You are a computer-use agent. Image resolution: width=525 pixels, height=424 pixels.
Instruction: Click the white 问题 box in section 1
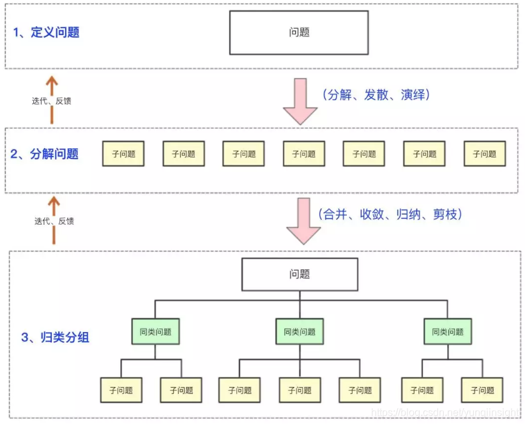point(299,32)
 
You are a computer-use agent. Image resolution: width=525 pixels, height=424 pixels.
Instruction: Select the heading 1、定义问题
point(47,32)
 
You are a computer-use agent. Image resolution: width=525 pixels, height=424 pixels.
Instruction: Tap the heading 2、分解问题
point(45,154)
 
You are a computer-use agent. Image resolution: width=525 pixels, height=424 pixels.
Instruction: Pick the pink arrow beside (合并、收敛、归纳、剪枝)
point(303,221)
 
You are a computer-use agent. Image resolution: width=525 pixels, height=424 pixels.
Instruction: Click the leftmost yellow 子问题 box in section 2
point(123,154)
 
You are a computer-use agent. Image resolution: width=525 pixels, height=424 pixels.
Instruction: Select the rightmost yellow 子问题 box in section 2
point(484,154)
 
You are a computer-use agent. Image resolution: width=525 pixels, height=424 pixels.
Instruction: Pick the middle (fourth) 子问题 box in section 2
point(304,154)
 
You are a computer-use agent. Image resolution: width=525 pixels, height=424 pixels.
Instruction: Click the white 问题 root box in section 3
point(299,274)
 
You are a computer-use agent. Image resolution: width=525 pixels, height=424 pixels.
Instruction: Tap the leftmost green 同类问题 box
point(156,331)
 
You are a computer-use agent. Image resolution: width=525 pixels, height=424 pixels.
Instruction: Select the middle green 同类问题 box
point(300,331)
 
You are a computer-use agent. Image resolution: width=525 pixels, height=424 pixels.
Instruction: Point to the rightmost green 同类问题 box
point(448,331)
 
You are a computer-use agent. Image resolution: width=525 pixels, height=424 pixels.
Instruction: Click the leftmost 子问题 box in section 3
point(121,390)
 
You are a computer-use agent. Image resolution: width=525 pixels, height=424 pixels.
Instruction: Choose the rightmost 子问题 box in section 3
point(482,390)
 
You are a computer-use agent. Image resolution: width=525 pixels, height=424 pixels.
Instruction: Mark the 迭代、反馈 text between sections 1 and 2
point(52,101)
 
